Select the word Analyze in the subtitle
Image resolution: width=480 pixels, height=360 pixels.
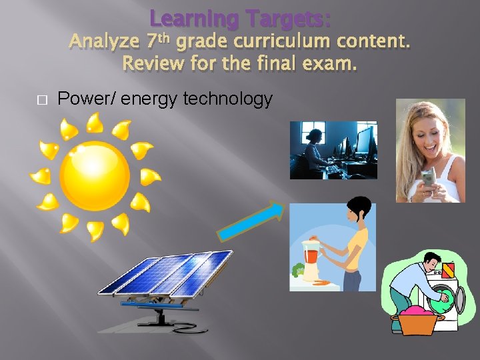[103, 42]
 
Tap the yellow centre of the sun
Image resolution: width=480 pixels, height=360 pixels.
[94, 176]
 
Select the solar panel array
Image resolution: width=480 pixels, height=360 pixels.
[165, 273]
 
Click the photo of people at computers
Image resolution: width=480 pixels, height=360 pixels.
[333, 150]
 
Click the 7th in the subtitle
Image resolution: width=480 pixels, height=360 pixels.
[158, 41]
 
